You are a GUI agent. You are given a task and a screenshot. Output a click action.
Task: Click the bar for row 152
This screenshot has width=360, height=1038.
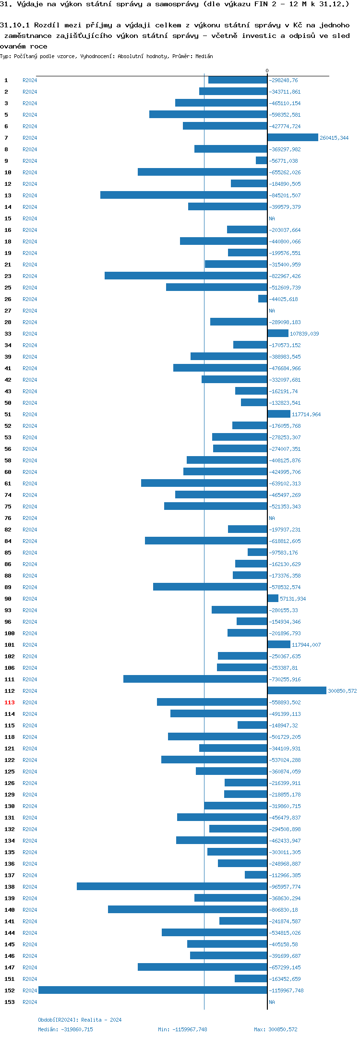point(153,990)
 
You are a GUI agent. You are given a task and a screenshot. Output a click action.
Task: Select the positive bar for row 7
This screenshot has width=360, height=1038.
point(293,137)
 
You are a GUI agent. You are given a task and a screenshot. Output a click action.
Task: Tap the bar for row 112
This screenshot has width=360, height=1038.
point(297,690)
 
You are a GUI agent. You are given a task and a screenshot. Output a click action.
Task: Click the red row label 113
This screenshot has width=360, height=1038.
point(10,702)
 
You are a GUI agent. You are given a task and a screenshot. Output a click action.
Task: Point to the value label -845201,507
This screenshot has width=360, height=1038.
point(285,195)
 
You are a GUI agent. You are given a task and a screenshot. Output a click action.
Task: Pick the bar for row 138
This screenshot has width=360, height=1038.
point(172,886)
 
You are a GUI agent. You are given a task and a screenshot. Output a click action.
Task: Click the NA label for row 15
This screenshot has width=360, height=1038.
point(272,218)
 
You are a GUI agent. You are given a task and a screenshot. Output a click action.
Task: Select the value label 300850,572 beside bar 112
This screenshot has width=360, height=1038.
point(342,691)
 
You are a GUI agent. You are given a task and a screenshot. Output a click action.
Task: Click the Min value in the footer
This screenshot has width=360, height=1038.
point(182,1029)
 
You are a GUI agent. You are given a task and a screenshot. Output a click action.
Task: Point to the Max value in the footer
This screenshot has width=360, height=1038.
point(276,1029)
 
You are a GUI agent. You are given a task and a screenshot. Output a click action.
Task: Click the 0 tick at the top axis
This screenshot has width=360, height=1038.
point(267,71)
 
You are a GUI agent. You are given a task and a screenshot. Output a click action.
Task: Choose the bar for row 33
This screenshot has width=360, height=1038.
point(278,333)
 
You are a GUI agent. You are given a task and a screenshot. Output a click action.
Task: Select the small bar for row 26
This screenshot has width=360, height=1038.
point(263,299)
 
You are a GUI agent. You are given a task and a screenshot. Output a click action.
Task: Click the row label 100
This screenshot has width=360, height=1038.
point(10,633)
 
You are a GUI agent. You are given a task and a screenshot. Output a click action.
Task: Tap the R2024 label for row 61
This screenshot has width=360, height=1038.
point(30,483)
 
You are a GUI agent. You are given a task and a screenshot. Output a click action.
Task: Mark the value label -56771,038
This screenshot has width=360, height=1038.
point(283,161)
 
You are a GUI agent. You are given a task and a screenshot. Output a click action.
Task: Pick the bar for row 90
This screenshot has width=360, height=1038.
point(273,598)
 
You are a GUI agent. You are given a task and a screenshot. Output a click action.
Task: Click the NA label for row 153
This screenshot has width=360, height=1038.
point(272,1002)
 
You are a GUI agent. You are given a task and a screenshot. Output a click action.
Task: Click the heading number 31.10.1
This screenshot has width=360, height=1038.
point(15,25)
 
